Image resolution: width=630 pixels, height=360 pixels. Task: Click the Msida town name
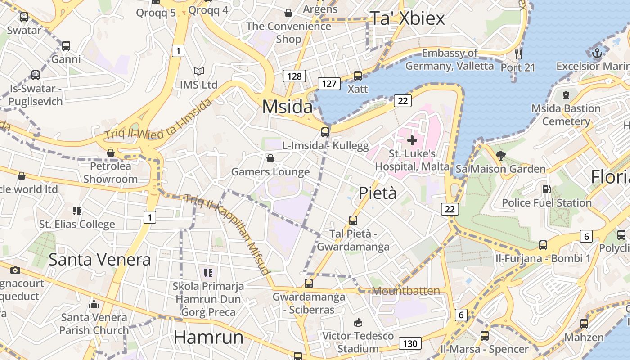coord(287,107)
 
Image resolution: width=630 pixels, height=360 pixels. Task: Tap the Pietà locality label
coord(378,193)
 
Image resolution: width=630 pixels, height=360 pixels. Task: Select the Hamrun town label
coord(208,337)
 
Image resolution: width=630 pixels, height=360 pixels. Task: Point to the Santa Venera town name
coord(99,260)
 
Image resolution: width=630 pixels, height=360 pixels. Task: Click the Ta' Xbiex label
coord(407,18)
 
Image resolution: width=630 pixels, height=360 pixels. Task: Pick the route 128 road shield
coord(294,76)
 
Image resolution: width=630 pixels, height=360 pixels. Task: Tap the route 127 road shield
coord(329,83)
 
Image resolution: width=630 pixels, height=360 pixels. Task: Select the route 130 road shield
coord(409,344)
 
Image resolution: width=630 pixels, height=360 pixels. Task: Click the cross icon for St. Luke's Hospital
coord(412,140)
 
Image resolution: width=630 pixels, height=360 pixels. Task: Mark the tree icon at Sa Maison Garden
coord(500,156)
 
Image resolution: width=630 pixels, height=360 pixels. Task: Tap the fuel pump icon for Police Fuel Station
coord(546,189)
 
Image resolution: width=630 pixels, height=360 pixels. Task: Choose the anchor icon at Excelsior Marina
coord(597,53)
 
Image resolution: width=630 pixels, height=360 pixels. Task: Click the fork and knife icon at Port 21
coord(518,54)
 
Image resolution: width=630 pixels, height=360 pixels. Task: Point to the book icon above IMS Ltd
coord(198,71)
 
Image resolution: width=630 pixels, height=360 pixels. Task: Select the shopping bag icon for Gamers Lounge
coord(270,158)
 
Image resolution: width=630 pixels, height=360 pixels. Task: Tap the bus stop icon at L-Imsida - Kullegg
coord(325,132)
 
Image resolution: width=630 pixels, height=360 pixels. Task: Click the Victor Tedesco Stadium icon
coord(358,322)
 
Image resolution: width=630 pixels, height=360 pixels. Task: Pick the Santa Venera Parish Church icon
coord(94,304)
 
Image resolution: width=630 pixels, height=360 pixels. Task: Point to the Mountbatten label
coord(406,291)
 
